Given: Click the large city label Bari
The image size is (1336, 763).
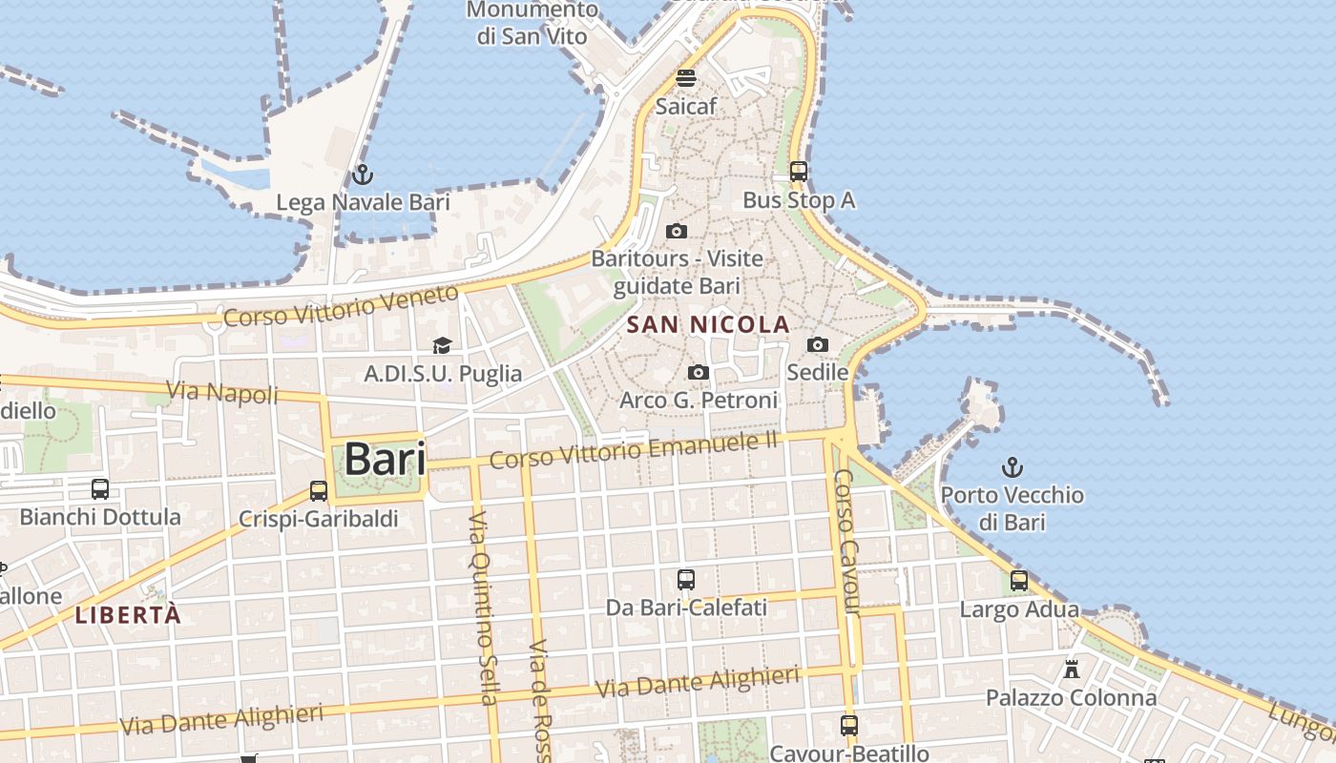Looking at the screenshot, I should coord(385,459).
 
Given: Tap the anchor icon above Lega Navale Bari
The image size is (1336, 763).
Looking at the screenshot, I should coord(362,175).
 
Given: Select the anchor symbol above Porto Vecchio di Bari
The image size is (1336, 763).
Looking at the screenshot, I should coord(1012,467).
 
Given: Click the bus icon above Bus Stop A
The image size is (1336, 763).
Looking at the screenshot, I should coord(799,173).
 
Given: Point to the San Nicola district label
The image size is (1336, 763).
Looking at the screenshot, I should coord(708,325).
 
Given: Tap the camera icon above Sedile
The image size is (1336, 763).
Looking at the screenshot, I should coord(818,344).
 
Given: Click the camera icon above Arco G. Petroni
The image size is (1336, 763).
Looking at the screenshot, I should coord(699,372).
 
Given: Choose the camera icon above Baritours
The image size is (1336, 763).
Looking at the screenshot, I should coord(677,231).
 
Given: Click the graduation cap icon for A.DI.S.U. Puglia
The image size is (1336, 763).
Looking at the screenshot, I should coord(442,345).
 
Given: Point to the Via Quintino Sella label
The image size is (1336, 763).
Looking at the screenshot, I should coord(482,607).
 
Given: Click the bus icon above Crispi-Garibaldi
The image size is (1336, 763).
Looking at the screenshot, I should coord(319,491).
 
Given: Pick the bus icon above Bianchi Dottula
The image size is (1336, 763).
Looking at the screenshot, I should coord(100,489).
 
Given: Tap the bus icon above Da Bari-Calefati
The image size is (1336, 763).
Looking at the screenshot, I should coord(685,579).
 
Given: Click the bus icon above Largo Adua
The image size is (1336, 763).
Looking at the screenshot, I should coord(1019,580).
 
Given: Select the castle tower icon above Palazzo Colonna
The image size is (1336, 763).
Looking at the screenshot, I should coord(1072,669).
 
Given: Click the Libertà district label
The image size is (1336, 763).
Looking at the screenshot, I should coord(128,615).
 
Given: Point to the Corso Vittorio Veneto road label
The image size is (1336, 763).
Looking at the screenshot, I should coord(342,306).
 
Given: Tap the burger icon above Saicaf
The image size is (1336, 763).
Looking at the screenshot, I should coord(686,77).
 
